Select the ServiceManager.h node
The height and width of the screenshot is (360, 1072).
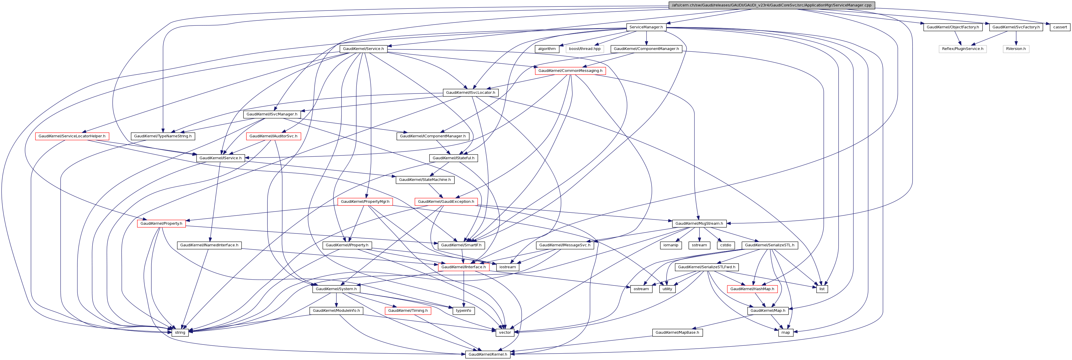click(x=646, y=27)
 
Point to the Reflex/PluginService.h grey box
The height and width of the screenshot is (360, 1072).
click(x=962, y=49)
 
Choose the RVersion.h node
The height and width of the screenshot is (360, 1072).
click(x=1016, y=49)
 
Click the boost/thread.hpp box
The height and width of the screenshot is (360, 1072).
click(x=585, y=49)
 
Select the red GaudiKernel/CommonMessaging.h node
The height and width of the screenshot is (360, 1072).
click(x=570, y=71)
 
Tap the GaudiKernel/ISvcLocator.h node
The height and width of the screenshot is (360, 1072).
click(x=470, y=92)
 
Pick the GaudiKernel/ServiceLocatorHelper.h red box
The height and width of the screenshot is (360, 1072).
click(x=72, y=136)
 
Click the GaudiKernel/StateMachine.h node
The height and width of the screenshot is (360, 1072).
click(x=425, y=180)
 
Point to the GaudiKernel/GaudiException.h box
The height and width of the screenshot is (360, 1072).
click(x=446, y=201)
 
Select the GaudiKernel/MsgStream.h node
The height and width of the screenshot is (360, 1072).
click(x=699, y=224)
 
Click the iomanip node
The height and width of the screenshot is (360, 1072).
click(x=671, y=245)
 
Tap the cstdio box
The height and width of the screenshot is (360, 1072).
click(x=725, y=245)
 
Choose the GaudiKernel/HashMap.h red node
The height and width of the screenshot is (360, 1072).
click(x=752, y=289)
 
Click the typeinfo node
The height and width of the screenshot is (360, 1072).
click(x=463, y=311)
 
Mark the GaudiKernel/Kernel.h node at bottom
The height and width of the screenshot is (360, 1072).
click(x=487, y=354)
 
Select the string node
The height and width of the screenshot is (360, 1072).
click(x=180, y=333)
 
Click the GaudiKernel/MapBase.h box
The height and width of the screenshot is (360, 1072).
click(x=677, y=333)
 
